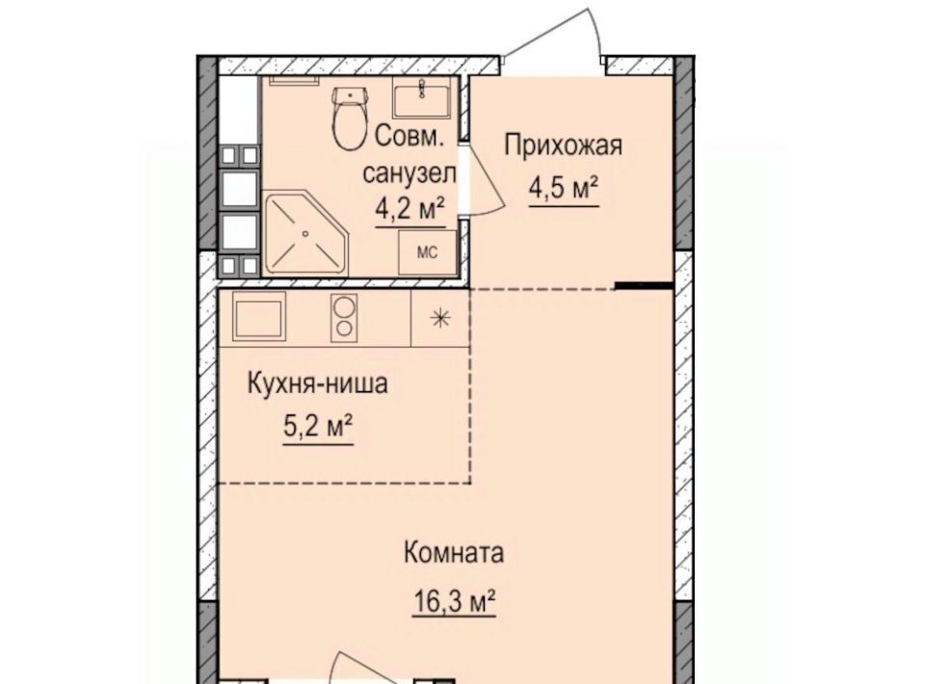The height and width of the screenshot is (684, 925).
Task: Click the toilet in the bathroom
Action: coord(350,118)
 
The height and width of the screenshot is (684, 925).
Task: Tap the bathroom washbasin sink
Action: coord(423,98)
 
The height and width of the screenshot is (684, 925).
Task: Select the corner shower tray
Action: coord(306,232)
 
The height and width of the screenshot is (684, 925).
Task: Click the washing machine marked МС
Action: coord(427,253)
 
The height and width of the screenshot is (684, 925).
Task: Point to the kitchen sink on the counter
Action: coord(259,316)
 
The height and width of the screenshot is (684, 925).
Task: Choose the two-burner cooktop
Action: coord(344,317)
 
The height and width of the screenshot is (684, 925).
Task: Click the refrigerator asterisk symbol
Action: coord(439,319)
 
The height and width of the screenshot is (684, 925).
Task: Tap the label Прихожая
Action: coord(563,145)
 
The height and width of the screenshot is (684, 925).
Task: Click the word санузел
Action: coord(410,174)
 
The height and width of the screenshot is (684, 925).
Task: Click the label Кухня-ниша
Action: coord(317,384)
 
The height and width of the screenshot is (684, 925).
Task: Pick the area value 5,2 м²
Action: coord(319,427)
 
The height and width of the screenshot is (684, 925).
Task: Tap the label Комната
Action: coord(454,554)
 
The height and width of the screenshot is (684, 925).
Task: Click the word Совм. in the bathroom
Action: coord(409,137)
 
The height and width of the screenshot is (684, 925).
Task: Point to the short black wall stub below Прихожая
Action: coord(645,286)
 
